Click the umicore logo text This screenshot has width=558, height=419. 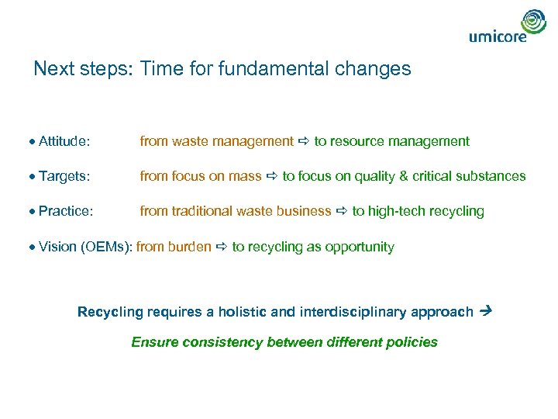[x=498, y=36]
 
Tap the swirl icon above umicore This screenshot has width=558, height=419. [x=533, y=21]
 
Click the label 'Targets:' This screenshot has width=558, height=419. [x=64, y=176]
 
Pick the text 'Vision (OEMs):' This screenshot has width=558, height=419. [x=85, y=247]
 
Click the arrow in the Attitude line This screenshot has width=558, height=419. [x=304, y=141]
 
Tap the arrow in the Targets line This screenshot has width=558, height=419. [x=272, y=176]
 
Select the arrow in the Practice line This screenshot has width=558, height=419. [x=342, y=211]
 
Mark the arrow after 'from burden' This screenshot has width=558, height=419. [x=222, y=247]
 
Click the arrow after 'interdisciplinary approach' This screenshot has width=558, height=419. [x=487, y=311]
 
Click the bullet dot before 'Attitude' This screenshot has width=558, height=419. [x=34, y=142]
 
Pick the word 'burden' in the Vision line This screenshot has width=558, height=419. [x=189, y=247]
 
